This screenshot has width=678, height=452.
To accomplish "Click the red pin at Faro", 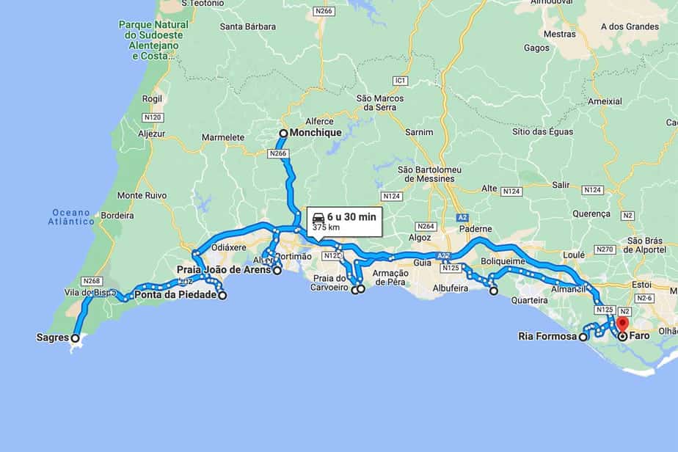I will pos(623,324).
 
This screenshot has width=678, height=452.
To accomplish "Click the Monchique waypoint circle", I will pos(283,133).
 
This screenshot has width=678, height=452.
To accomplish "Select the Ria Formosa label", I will pos(547,338).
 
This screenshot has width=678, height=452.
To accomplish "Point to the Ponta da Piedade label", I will pos(175,296).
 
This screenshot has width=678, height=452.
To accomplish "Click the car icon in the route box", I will pos(318,218).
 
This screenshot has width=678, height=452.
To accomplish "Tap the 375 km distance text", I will pos(326,227).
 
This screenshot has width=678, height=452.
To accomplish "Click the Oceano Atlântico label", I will pos(72,216).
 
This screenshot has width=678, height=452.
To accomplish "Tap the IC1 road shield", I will pos(400,80).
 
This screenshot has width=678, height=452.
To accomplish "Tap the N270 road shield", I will pos(603,249).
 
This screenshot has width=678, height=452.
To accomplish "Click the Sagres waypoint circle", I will pos(75,338).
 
